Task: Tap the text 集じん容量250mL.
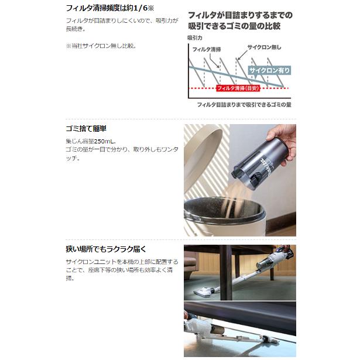[x=92, y=142]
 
